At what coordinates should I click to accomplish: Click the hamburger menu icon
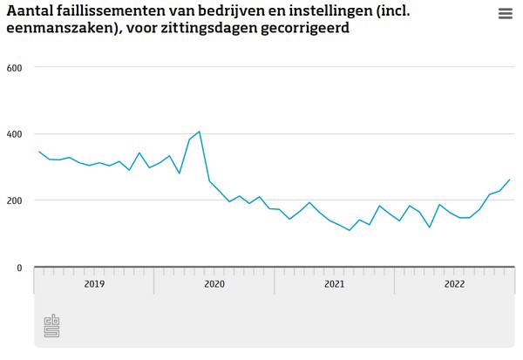tap(506, 14)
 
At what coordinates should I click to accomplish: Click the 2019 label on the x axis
tap(94, 283)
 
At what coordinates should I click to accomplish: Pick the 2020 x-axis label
tap(214, 283)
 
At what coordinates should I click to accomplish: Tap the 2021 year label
tap(335, 283)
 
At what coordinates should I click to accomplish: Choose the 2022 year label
tap(454, 283)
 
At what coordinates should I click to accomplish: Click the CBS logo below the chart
tap(52, 326)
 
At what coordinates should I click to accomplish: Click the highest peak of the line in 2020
tap(200, 132)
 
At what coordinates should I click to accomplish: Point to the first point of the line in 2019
tap(39, 152)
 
